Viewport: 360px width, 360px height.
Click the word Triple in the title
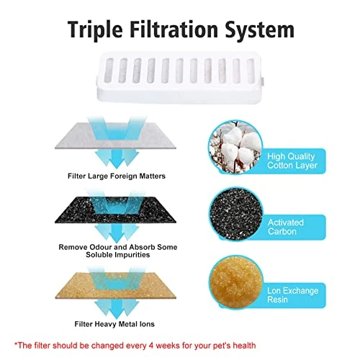click(x=95, y=30)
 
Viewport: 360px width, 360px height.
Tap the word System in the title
click(x=260, y=30)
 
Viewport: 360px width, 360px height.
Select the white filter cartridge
click(x=179, y=78)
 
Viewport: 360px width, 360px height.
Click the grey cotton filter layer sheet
click(x=115, y=136)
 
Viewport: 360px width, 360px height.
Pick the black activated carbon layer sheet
click(x=115, y=210)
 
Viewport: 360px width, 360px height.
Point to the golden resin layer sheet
click(x=115, y=286)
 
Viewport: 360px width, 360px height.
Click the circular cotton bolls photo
click(x=235, y=147)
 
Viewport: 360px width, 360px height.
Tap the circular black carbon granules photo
click(x=235, y=214)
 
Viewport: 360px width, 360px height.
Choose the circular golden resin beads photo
click(x=235, y=282)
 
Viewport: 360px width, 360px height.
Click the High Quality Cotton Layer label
click(x=292, y=161)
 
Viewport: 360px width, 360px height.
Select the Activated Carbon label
click(x=286, y=227)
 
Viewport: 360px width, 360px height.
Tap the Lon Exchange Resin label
click(x=293, y=295)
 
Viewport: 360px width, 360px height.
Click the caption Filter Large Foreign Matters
click(x=117, y=176)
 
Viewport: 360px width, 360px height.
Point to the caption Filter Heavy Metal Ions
click(x=114, y=324)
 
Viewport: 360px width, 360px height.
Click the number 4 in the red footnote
click(x=151, y=346)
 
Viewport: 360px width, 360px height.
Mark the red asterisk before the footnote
click(x=16, y=344)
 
